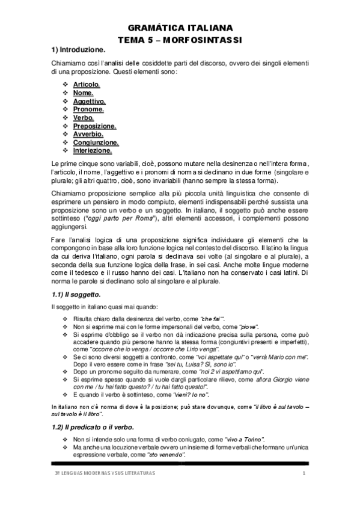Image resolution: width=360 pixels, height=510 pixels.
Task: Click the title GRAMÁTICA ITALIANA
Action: pos(181,28)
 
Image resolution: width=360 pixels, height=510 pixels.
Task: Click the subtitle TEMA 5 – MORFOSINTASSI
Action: pos(181,38)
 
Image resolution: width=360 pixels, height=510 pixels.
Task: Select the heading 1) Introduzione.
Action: pos(78,49)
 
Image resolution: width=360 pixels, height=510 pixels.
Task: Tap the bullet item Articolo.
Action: pos(87,85)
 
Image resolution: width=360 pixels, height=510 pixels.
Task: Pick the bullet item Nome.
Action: pos(83,93)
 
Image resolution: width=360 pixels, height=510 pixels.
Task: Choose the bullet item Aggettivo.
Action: pos(90,102)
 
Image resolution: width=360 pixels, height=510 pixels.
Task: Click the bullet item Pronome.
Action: pos(88,110)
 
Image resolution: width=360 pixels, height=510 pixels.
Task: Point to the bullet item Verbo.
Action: pos(84,118)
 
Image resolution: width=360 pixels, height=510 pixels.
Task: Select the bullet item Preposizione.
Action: pos(95,126)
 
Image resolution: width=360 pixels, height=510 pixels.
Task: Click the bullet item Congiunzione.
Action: pos(96,143)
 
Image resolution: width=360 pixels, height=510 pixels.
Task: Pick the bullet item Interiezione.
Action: pos(93,151)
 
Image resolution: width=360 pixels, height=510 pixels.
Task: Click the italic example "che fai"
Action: pos(212,318)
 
